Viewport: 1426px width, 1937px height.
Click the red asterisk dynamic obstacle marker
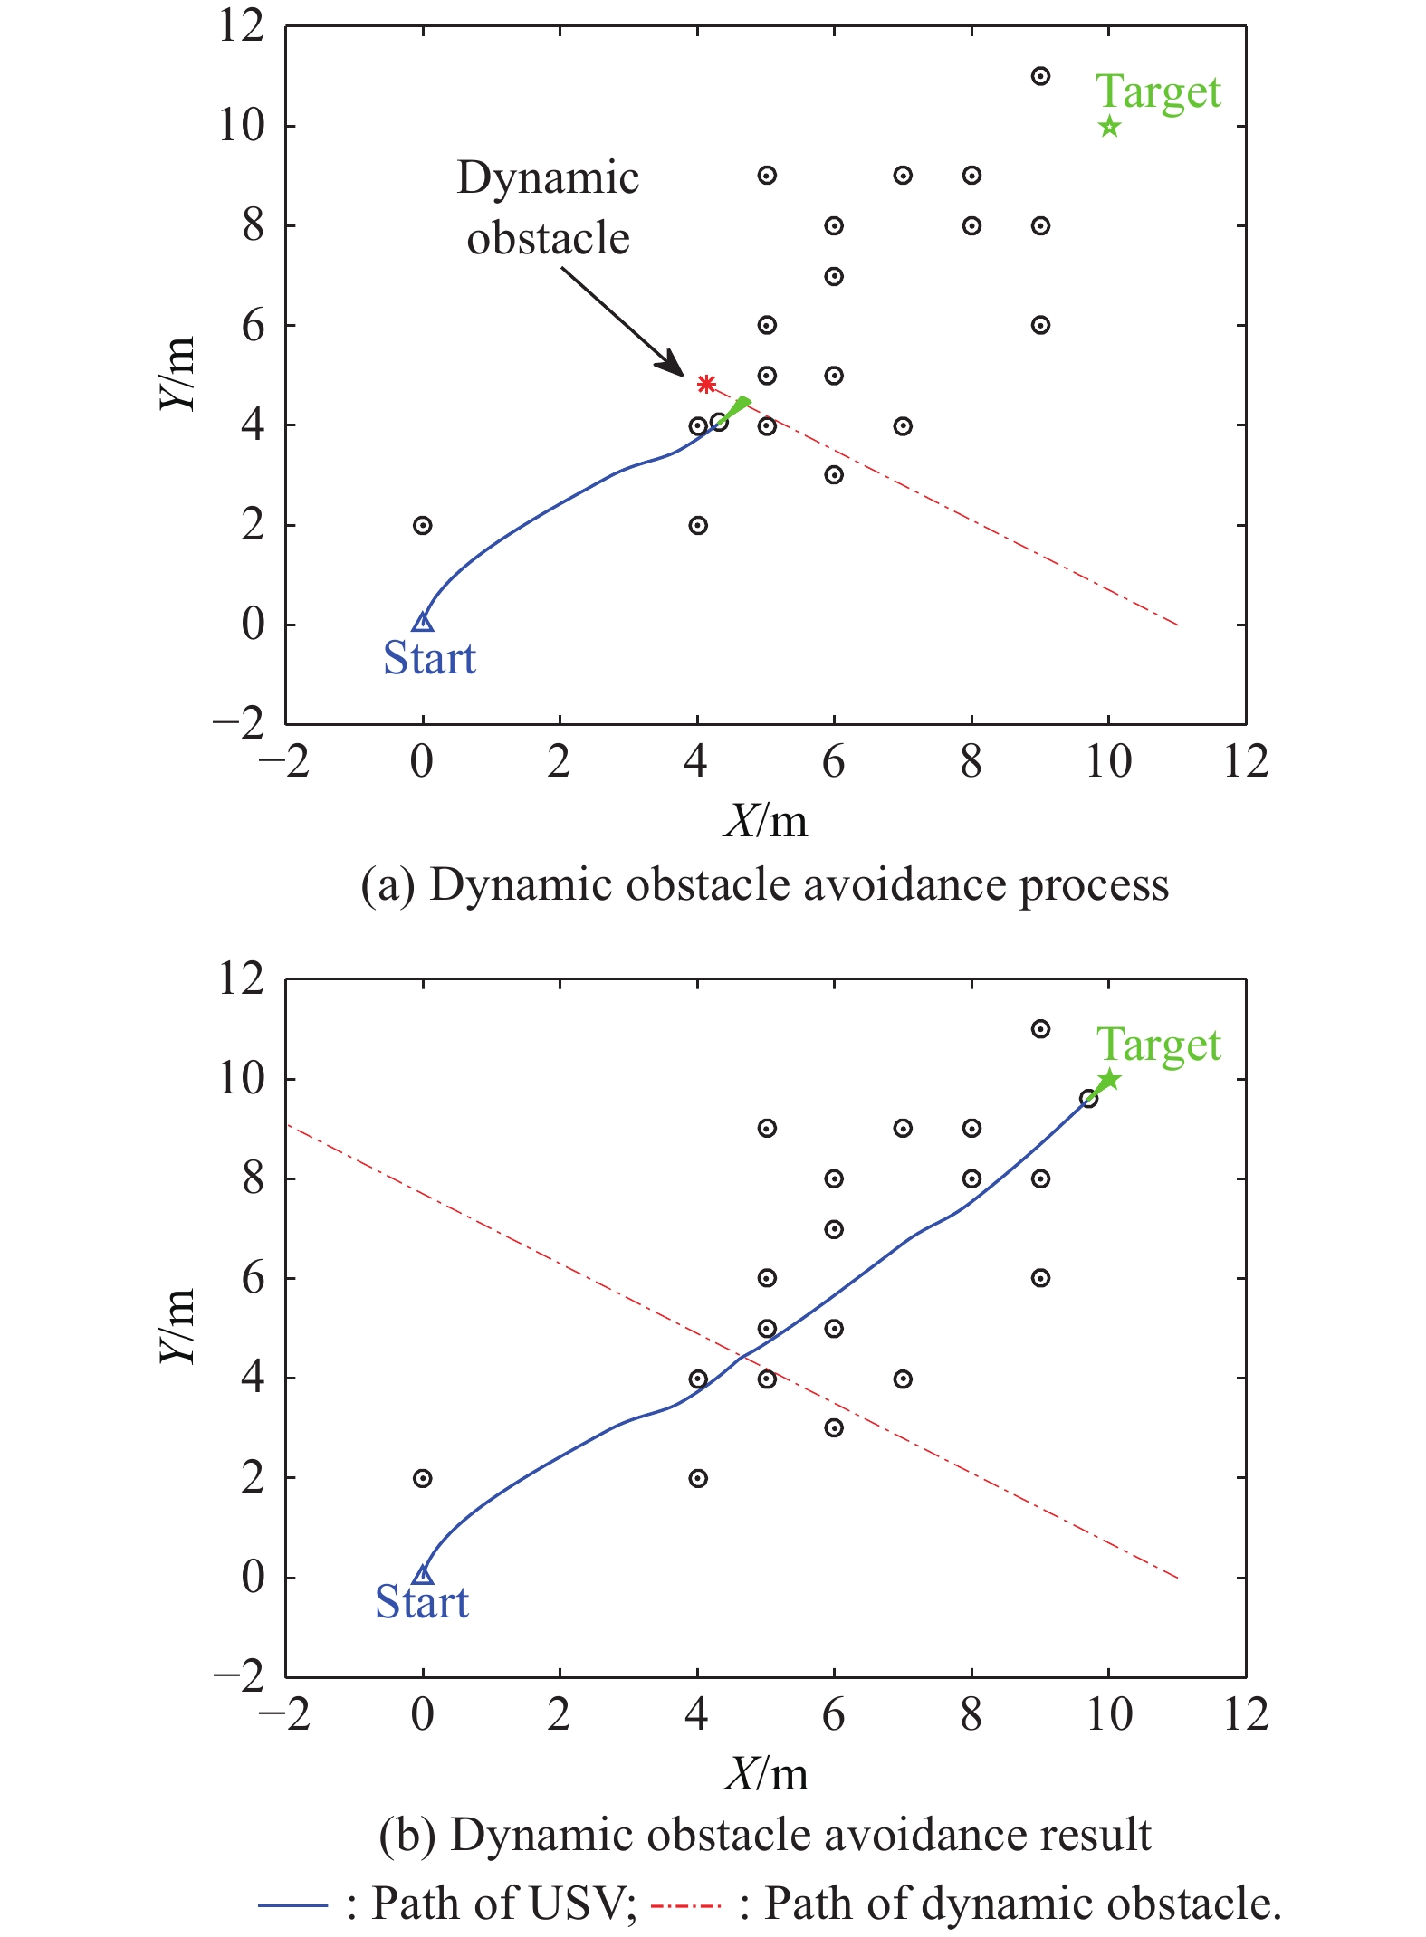706,384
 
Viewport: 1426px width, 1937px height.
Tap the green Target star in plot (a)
1109,127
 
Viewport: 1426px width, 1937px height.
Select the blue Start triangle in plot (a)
422,621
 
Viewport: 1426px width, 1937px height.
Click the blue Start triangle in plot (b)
422,1574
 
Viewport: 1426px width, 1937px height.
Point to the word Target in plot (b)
1158,1045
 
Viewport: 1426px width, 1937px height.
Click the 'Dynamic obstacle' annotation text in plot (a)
548,207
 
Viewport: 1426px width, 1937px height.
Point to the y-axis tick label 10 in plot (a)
242,126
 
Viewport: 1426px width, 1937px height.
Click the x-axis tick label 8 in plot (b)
971,1713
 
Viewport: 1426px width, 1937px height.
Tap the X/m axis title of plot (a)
765,821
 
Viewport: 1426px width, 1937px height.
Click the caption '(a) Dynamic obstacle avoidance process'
764,884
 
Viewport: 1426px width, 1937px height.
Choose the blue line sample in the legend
292,1905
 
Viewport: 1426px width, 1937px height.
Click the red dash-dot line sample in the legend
685,1905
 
